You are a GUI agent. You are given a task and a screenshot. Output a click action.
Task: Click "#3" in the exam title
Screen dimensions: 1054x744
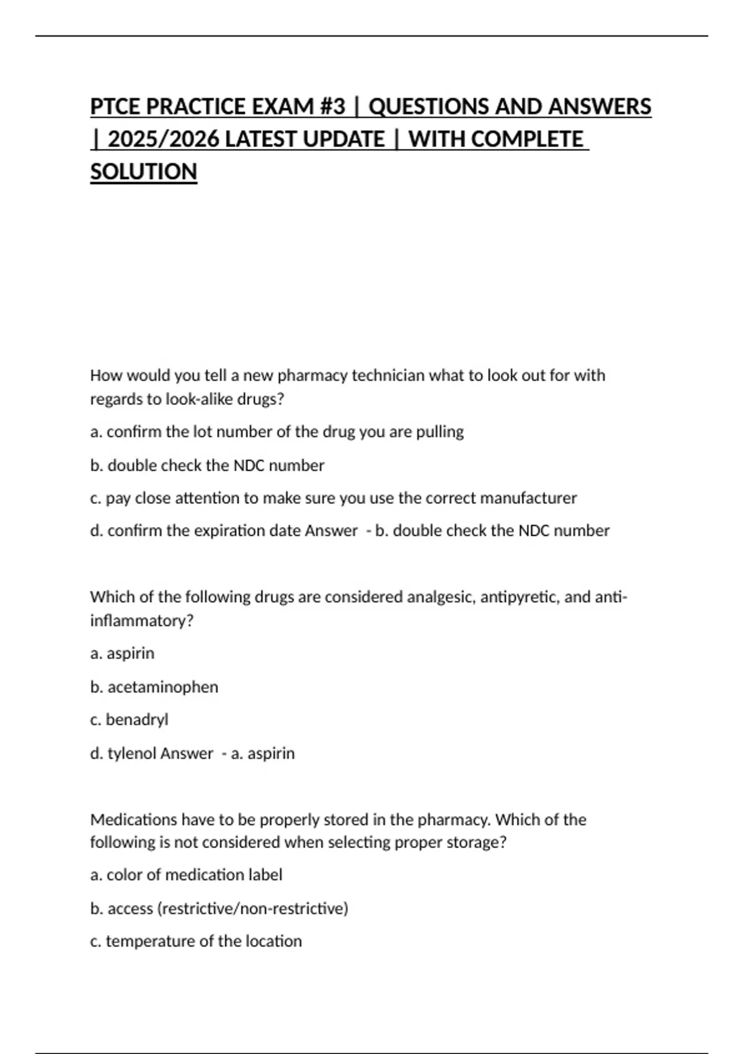coord(333,107)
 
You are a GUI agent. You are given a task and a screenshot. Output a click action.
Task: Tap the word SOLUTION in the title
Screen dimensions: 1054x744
coord(144,172)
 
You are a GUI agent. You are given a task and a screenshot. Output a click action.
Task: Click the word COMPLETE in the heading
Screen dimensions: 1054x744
coord(527,139)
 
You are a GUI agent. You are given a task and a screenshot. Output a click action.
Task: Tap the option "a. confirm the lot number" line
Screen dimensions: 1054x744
coord(277,432)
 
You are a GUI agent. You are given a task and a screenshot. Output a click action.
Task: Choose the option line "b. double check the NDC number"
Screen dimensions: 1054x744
coord(207,466)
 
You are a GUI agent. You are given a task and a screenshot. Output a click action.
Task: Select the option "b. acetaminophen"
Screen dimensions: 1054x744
coord(154,687)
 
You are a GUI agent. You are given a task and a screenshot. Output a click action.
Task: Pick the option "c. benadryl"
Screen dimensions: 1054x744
coord(129,720)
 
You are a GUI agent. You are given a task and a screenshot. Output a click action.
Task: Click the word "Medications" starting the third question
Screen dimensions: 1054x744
coord(134,820)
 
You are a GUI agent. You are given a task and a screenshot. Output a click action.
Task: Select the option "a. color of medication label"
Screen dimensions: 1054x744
coord(186,875)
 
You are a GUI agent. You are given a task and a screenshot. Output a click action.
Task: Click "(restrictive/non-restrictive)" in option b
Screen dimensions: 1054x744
coord(253,908)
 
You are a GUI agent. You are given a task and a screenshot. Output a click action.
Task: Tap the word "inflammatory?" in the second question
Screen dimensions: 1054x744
coord(142,621)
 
